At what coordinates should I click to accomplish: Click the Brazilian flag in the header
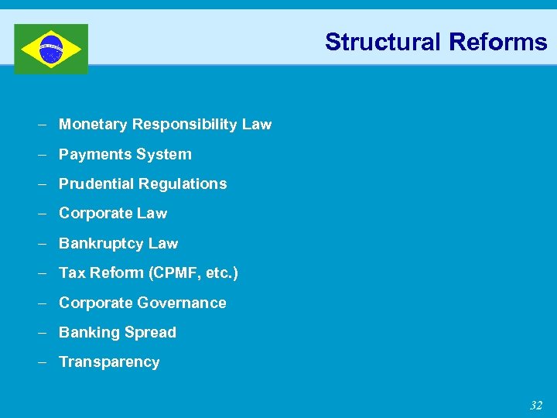[51, 49]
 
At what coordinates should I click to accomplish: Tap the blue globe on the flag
[51, 49]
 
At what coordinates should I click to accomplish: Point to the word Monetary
[93, 125]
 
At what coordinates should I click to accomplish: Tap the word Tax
[72, 273]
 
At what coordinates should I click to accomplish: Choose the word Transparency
[109, 362]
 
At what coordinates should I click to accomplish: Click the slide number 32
[536, 406]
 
